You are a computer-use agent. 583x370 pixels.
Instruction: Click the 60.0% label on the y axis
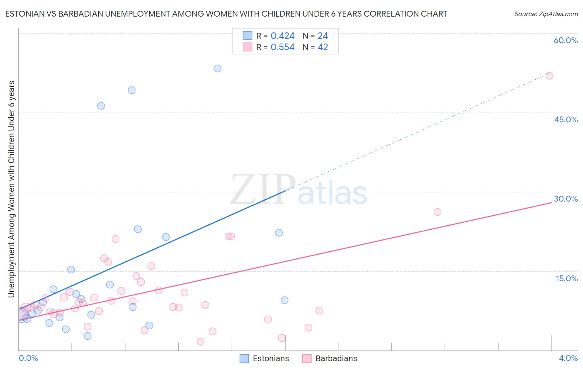click(x=566, y=40)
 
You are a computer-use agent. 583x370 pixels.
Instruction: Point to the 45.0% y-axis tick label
click(x=566, y=119)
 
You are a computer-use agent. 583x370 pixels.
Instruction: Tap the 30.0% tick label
click(x=566, y=199)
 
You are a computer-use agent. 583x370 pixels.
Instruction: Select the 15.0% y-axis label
click(x=566, y=278)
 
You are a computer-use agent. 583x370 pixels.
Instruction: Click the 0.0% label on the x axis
click(x=28, y=358)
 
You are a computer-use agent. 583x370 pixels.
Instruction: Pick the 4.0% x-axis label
click(x=568, y=358)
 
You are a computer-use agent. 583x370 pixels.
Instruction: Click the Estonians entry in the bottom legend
click(x=270, y=358)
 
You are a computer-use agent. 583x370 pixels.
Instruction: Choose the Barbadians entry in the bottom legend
click(x=336, y=358)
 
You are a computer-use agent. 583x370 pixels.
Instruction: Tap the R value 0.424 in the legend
click(x=282, y=36)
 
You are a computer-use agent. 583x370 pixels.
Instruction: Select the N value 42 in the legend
click(x=323, y=47)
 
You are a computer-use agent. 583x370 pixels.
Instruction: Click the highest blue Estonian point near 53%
click(x=218, y=68)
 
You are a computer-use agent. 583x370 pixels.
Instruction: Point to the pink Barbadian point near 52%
click(x=549, y=75)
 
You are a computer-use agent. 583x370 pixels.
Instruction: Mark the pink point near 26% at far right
click(x=437, y=212)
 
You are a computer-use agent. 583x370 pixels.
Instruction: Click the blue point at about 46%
click(x=101, y=106)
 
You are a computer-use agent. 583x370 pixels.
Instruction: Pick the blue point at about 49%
click(x=131, y=90)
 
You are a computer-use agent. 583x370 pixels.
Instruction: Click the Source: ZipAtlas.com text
click(x=546, y=14)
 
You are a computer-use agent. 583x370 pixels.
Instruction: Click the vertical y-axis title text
click(x=11, y=189)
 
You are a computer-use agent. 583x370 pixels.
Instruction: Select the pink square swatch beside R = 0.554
click(x=248, y=47)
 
